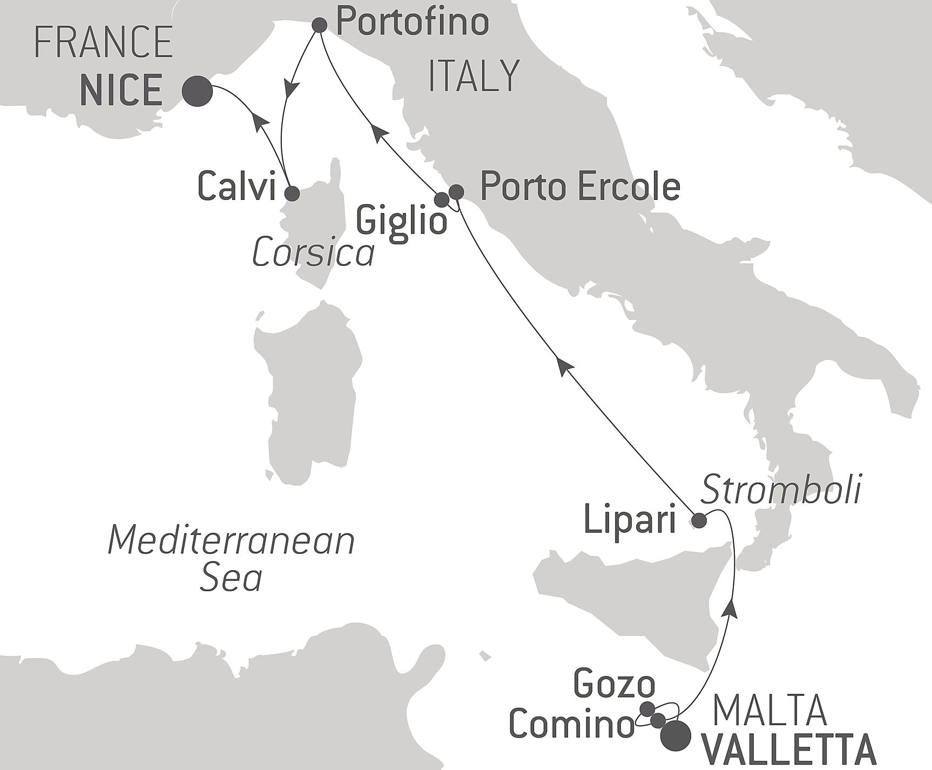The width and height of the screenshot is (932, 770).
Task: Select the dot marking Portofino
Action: point(320,24)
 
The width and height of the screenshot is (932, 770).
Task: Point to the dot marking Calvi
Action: point(292,193)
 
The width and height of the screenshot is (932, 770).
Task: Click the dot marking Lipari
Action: point(699,521)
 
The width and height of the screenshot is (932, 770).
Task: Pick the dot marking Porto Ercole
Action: point(456,191)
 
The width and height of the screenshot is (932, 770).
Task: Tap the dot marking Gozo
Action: point(647,708)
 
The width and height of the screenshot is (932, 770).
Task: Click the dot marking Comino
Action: point(658,720)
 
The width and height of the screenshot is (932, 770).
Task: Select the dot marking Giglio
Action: point(442,199)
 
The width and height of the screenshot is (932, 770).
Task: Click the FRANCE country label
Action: point(103,42)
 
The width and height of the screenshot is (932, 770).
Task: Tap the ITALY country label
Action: point(474,76)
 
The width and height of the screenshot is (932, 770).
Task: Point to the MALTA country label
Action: point(770,710)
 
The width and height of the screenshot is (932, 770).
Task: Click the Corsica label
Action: point(313,253)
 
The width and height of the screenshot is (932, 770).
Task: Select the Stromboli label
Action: point(781,490)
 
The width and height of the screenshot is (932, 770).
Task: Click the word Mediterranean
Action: point(232,541)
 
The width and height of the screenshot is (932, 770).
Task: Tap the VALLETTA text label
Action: point(791,752)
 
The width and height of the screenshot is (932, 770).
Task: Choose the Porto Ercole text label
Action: point(580,187)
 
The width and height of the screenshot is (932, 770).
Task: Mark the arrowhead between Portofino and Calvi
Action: point(292,88)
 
